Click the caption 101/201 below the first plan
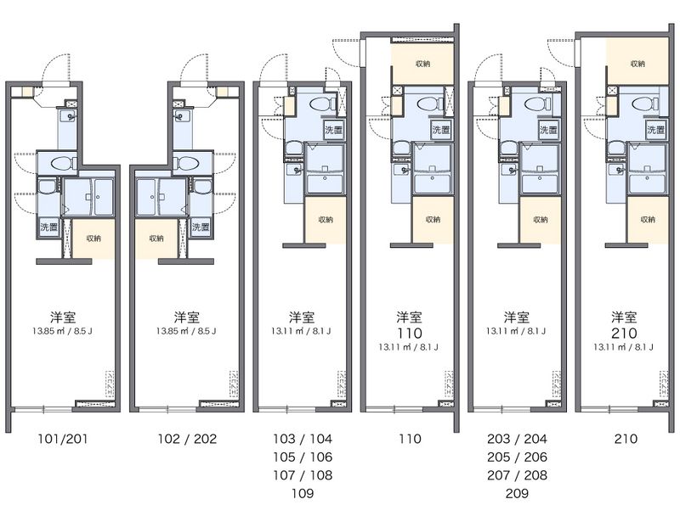pyautogui.click(x=63, y=439)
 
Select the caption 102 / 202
pyautogui.click(x=186, y=439)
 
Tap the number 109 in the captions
pyautogui.click(x=303, y=492)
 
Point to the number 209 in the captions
pyautogui.click(x=517, y=492)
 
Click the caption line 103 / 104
pyautogui.click(x=303, y=439)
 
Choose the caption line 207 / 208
pyautogui.click(x=517, y=474)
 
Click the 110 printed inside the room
pyautogui.click(x=410, y=334)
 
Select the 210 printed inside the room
pyautogui.click(x=625, y=334)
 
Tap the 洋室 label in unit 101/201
pyautogui.click(x=63, y=317)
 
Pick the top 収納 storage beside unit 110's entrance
pyautogui.click(x=422, y=64)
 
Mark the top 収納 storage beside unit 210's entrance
pyautogui.click(x=637, y=64)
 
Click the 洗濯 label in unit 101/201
pyautogui.click(x=48, y=227)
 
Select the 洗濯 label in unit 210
pyautogui.click(x=655, y=131)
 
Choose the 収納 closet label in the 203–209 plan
pyautogui.click(x=541, y=220)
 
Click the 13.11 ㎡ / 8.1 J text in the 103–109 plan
pyautogui.click(x=303, y=331)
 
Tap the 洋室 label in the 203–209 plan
pyautogui.click(x=517, y=317)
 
